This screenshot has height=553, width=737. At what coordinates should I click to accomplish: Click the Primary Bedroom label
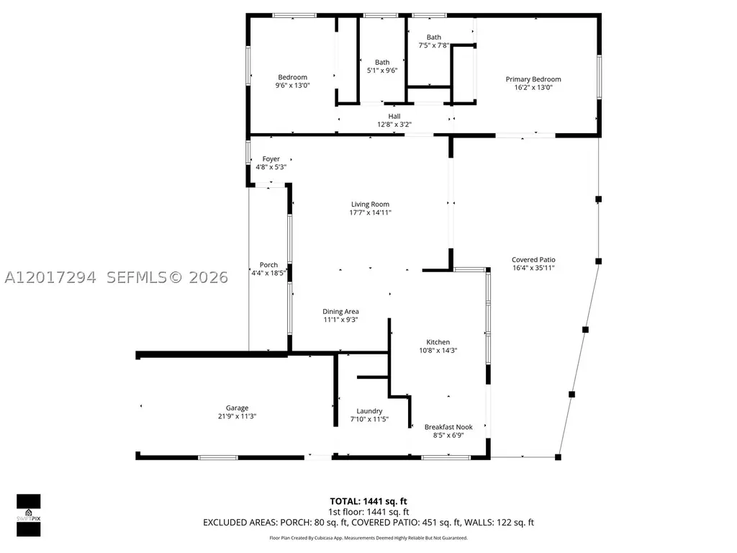click(533, 79)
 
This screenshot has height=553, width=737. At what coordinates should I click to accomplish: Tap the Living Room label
click(370, 204)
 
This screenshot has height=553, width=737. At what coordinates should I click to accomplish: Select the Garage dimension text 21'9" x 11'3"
click(237, 416)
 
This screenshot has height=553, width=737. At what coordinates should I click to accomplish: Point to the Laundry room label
click(369, 411)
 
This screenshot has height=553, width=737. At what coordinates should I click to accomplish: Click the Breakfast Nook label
click(448, 427)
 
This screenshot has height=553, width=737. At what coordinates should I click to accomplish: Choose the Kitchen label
click(438, 342)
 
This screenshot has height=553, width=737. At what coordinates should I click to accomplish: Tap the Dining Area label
click(340, 312)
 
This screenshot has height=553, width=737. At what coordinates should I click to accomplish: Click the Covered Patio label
click(533, 259)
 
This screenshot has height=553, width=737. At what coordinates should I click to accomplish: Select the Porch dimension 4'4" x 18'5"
click(268, 273)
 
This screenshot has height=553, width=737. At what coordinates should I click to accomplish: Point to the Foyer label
click(271, 159)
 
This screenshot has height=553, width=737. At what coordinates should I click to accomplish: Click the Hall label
click(394, 116)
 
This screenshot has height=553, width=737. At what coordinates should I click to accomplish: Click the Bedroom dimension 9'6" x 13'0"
click(292, 85)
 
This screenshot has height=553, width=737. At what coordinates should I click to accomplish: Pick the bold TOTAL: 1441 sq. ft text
click(368, 501)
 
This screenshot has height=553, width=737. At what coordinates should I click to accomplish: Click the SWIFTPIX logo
click(29, 516)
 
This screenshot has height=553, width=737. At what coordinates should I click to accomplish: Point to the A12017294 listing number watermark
click(50, 277)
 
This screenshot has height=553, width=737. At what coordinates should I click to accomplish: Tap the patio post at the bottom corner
click(558, 457)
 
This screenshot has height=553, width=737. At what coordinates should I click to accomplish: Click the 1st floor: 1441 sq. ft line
click(368, 512)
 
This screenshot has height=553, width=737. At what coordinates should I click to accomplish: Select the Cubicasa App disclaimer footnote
click(368, 538)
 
